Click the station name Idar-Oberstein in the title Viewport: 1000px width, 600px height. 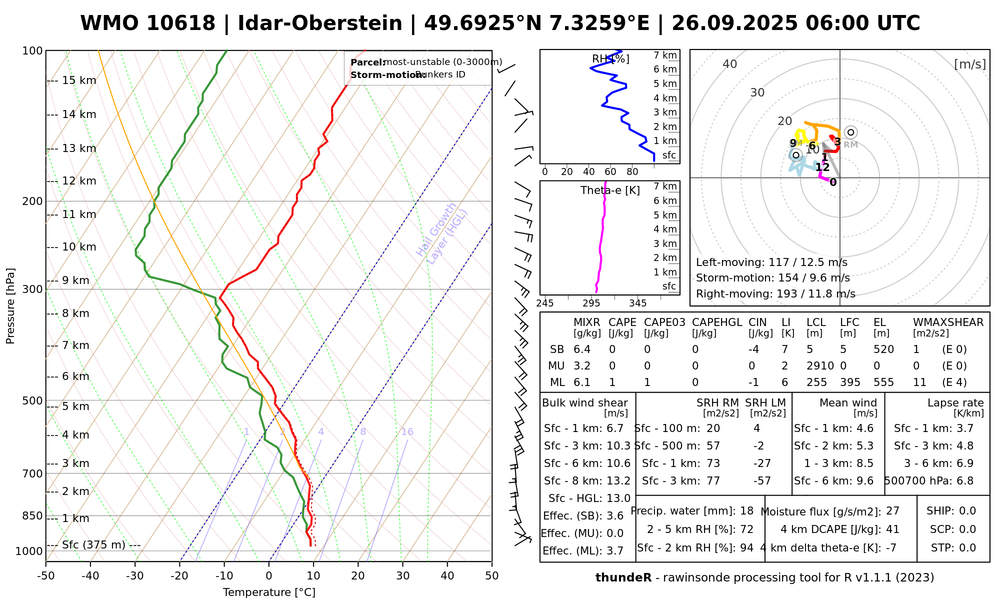(320, 23)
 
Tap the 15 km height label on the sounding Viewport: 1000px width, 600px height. (79, 80)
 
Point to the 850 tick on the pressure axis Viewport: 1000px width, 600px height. (33, 515)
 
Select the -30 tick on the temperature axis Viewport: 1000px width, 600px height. (135, 576)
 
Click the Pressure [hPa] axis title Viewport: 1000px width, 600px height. (10, 306)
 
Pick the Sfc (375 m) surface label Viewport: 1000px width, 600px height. (93, 544)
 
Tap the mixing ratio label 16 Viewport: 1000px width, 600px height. (407, 432)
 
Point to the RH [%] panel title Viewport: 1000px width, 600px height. (610, 59)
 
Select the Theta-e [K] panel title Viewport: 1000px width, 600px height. (610, 190)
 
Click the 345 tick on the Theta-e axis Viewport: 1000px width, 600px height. (637, 303)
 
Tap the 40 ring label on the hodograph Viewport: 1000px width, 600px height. (729, 64)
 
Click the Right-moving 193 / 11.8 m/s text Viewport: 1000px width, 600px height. (775, 294)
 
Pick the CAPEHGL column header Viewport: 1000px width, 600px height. (717, 322)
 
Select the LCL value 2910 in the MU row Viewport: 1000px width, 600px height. (820, 366)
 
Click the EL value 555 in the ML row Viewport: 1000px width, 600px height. (883, 382)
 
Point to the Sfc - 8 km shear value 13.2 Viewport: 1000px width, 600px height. (618, 481)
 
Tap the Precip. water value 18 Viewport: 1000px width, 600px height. (746, 511)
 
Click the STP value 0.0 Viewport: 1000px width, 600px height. (967, 548)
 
